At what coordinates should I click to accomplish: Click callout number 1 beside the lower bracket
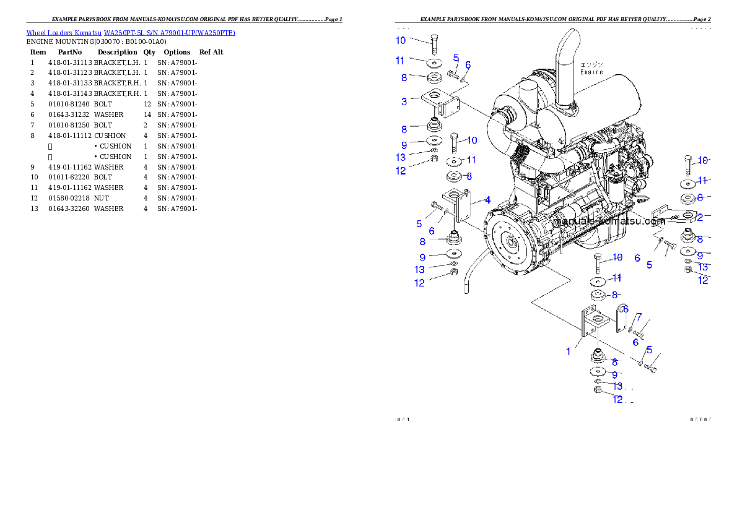tap(568, 351)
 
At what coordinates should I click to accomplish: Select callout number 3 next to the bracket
tap(404, 101)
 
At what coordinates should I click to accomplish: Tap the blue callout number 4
tap(487, 200)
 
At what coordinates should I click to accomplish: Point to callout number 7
tap(639, 317)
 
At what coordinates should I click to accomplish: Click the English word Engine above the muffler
tap(591, 72)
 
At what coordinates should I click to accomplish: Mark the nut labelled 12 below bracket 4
tap(453, 273)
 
